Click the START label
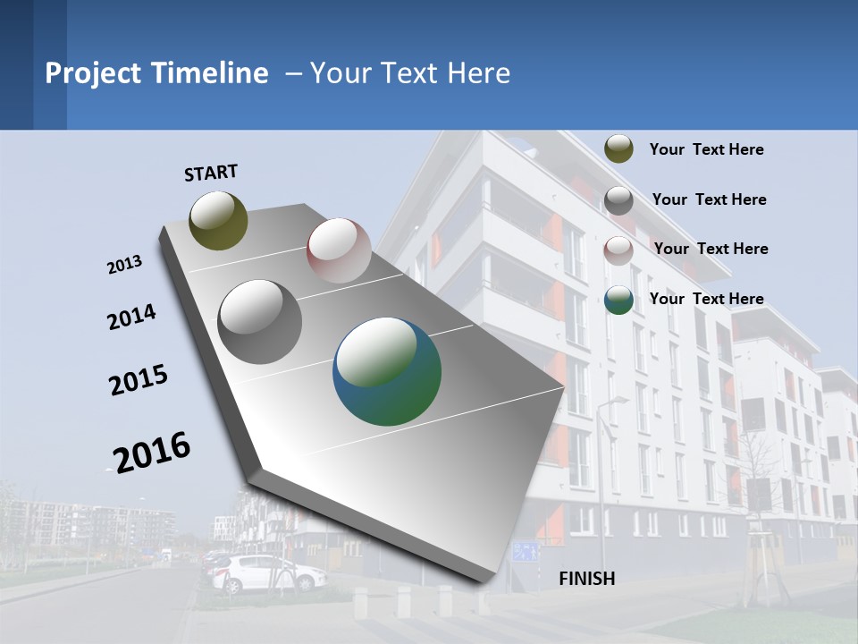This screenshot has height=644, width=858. pos(211,173)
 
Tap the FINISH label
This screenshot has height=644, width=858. pos(587,579)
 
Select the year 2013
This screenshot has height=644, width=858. pos(124,265)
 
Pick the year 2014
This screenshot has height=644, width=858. pos(131,318)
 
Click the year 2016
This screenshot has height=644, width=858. pos(152,452)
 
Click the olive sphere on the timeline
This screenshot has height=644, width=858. pos(218,220)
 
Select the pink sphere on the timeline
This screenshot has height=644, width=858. pos(339,250)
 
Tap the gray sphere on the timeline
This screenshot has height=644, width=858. pos(260,322)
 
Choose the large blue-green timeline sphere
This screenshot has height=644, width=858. pos(387,371)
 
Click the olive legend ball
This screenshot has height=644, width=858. pos(618,148)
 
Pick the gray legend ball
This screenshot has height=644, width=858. pos(618,200)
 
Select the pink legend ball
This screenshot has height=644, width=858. pos(618,250)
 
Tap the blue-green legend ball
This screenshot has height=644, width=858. pos(618,301)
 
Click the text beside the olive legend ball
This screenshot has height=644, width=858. pos(706,150)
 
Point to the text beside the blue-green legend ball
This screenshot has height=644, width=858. pos(706,299)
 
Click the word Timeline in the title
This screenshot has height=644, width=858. pos(211,73)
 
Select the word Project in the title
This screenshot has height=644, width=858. pos(94,73)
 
